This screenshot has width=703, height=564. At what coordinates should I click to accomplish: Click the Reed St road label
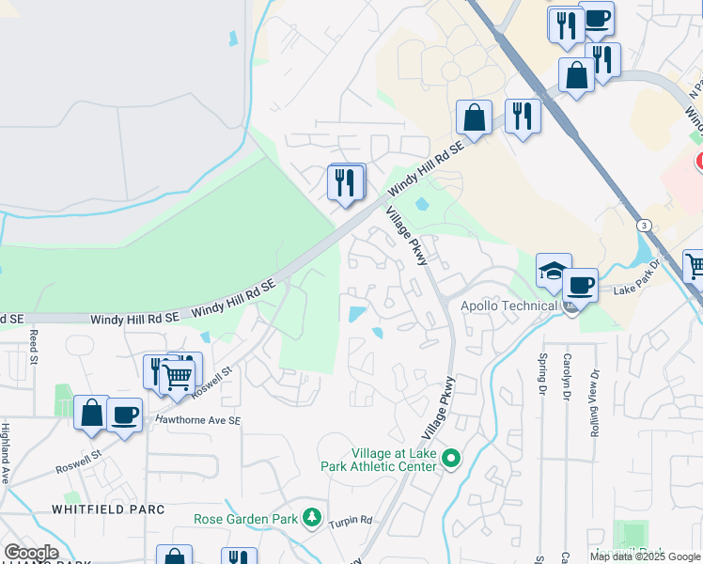tap(33, 345)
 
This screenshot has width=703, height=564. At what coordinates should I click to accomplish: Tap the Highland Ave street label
tap(6, 453)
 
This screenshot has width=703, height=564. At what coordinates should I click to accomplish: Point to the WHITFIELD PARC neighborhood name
tap(108, 509)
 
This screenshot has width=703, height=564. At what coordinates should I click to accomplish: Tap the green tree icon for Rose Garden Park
tap(312, 518)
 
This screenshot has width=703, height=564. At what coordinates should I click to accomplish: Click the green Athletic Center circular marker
tap(451, 459)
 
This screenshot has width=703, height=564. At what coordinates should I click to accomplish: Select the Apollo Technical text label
tap(508, 305)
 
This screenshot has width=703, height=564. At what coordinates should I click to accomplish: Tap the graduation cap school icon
tap(554, 272)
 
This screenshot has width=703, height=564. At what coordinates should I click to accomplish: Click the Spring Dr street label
tap(542, 372)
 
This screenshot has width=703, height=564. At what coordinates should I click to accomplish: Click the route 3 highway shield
tap(644, 226)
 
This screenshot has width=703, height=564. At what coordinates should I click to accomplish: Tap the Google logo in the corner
tap(31, 553)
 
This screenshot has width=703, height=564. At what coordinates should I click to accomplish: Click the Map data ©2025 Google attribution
tap(644, 556)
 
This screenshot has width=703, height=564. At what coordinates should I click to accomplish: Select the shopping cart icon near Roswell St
tap(177, 377)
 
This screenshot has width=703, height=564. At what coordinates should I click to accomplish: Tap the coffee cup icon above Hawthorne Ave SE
tap(124, 415)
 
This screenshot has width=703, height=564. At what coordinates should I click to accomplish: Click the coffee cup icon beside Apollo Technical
tap(580, 284)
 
